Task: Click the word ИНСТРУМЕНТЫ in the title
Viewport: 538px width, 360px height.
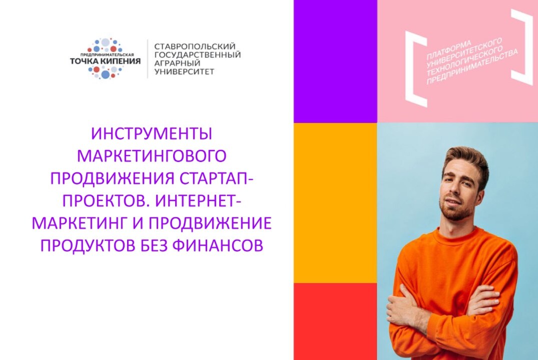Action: (152, 134)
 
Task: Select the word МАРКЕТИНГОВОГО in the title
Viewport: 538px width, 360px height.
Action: (152, 156)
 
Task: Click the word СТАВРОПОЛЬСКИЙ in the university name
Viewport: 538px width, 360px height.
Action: (195, 46)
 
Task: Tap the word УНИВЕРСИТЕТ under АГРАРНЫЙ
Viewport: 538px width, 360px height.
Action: (185, 71)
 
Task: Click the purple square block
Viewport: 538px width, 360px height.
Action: (335, 61)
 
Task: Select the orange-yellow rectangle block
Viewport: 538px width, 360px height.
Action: (335, 202)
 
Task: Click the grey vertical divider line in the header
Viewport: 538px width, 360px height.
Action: (148, 58)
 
